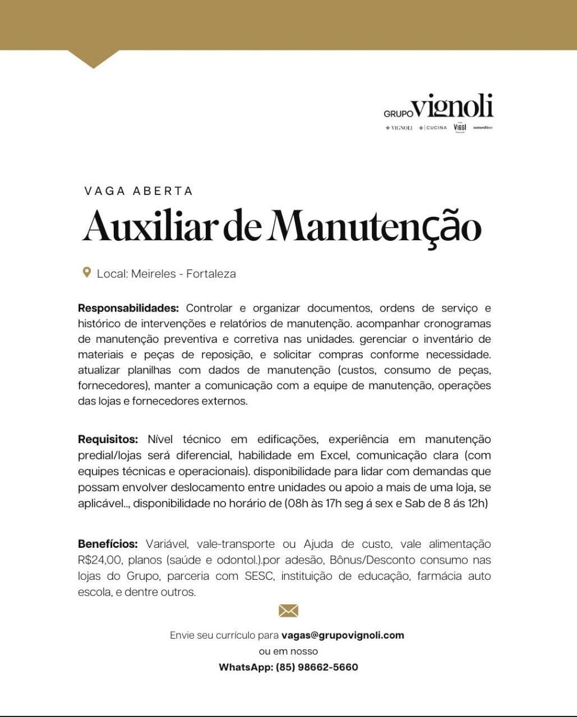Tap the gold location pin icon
coord(86,273)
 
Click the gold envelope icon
coord(288,611)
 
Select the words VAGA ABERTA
coord(139,191)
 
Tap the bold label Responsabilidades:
coord(128,308)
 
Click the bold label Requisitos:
coord(108,440)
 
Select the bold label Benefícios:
coord(108,544)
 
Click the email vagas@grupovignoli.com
coord(343,635)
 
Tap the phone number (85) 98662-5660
coord(317,667)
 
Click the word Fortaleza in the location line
coord(211,274)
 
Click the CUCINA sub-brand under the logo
coord(436,128)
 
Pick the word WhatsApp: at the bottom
coord(246,667)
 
